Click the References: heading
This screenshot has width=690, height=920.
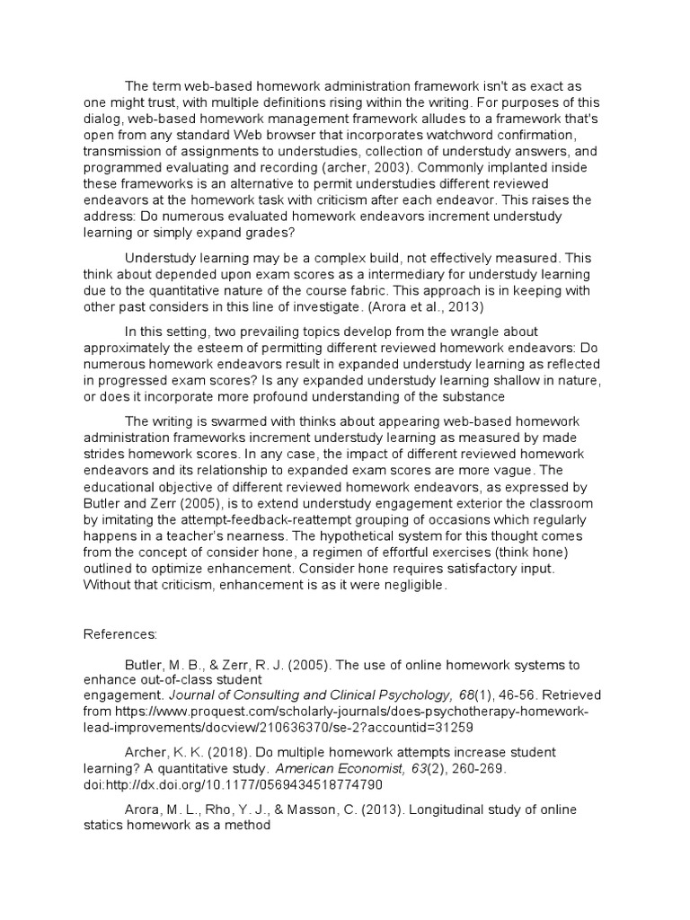tap(120, 633)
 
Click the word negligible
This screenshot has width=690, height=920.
tap(407, 585)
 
